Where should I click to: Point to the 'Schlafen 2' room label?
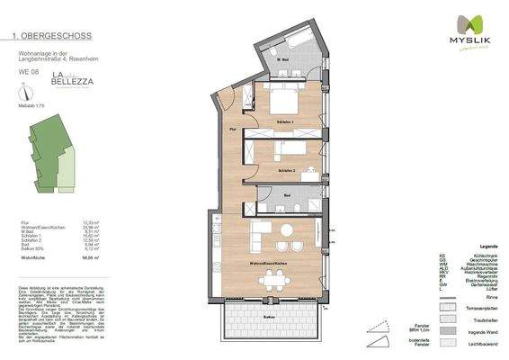click(x=286, y=169)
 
